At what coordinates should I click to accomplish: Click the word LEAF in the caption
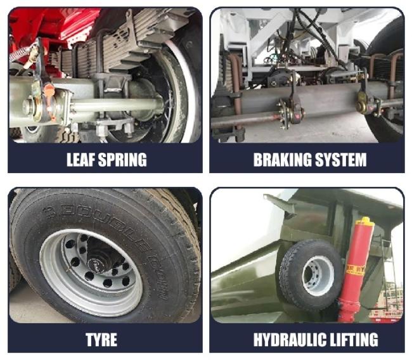(x=81, y=160)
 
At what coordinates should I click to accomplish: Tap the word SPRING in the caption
(x=122, y=160)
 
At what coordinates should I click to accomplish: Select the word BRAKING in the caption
(x=282, y=160)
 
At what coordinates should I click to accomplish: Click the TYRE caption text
(x=101, y=340)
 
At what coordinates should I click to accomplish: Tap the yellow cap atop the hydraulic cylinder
(x=365, y=222)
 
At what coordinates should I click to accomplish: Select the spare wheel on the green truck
(x=312, y=274)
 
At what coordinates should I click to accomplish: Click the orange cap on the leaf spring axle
(x=49, y=90)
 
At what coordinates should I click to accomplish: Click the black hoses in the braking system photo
(x=315, y=34)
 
